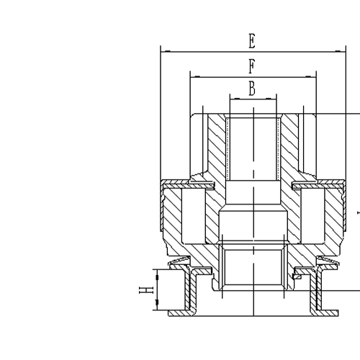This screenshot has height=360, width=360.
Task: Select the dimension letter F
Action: tap(251, 66)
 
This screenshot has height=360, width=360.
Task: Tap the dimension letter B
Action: tap(252, 89)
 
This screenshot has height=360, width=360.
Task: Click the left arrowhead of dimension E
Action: tap(163, 51)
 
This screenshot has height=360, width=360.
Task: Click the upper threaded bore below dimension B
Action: tap(253, 148)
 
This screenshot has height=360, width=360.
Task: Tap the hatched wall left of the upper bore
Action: tap(217, 144)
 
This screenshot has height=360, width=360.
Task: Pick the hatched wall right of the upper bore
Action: tap(289, 144)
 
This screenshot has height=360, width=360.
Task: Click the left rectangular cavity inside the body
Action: tap(195, 216)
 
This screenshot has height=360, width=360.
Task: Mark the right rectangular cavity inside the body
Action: tap(310, 216)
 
